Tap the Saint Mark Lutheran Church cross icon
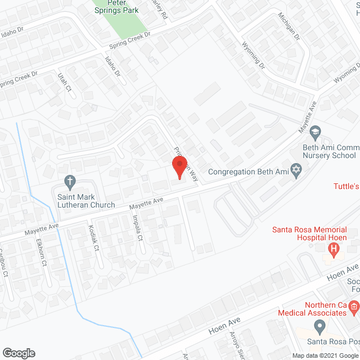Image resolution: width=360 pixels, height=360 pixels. tap(70, 181)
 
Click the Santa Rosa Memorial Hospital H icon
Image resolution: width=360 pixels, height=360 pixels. tap(335, 249)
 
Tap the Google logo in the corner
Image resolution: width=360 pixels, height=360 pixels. tap(18, 353)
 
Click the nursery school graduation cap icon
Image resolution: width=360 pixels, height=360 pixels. tap(316, 132)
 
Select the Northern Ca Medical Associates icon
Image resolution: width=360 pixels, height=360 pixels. tap(353, 306)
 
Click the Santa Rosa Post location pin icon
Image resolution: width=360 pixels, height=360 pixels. tap(319, 326)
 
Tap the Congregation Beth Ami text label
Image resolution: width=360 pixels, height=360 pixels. tap(248, 172)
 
